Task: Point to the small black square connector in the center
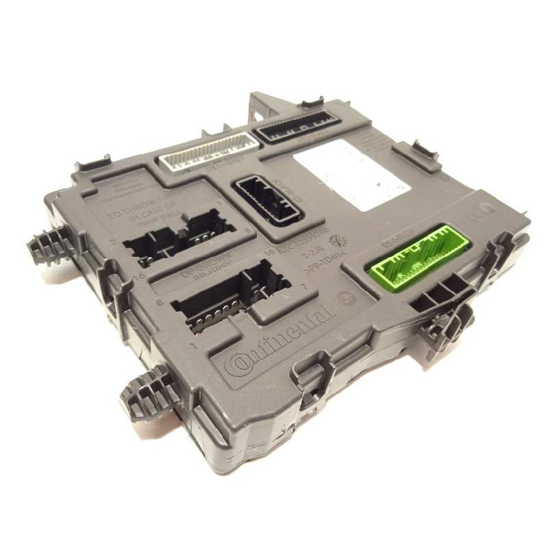[268, 201]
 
